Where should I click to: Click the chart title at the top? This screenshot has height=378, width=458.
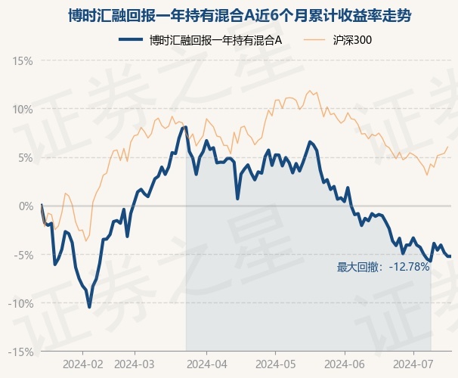coord(240,15)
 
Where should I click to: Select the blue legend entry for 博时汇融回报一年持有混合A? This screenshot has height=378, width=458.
coord(200,40)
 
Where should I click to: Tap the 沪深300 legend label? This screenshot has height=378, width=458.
coord(352,40)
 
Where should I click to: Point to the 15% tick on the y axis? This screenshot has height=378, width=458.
coord(23,61)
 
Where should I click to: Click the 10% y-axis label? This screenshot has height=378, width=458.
coord(23,110)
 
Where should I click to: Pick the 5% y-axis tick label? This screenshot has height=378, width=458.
coord(26,158)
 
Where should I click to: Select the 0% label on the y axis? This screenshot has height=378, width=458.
coord(26,206)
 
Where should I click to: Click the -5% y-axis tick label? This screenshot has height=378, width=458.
coord(23,255)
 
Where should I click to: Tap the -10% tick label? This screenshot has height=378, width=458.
coord(20,303)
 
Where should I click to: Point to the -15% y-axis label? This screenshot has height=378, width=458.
coord(20,352)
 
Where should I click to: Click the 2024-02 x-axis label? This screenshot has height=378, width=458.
coord(83,364)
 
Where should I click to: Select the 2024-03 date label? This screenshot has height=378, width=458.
coord(135,364)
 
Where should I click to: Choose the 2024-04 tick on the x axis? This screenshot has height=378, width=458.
coord(207,364)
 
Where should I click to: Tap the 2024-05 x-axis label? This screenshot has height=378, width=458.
coord(275,364)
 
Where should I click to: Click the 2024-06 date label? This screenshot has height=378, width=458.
coord(345,364)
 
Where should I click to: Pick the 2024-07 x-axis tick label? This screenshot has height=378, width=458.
coord(413,364)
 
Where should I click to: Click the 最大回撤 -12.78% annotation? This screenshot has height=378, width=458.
coord(383,267)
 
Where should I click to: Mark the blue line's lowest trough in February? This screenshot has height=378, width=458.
coord(89,307)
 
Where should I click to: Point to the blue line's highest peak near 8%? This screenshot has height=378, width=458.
coord(185,127)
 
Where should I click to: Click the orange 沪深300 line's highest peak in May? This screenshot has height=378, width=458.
coord(310,91)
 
